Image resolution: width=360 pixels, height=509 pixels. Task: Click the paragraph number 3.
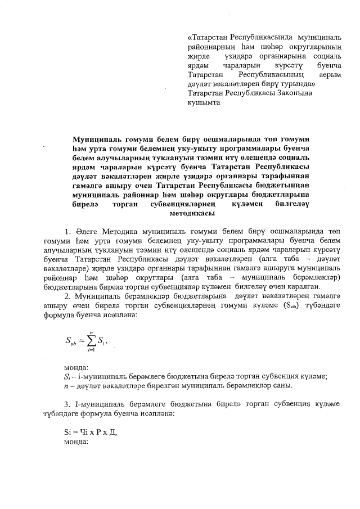click(67, 405)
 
